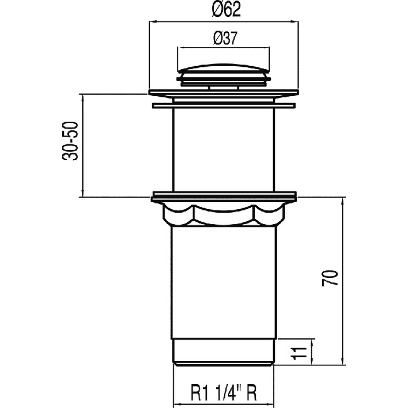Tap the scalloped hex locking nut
(224, 215)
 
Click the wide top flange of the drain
(224, 93)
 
